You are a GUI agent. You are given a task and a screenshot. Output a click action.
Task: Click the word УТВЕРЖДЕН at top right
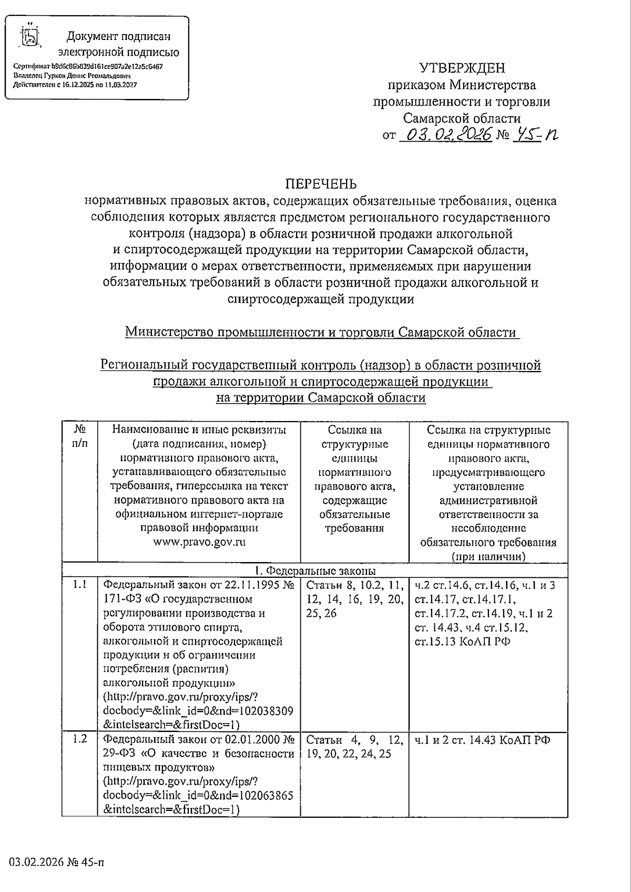[462, 68]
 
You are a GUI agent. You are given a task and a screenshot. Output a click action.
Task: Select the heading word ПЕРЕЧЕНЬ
[321, 184]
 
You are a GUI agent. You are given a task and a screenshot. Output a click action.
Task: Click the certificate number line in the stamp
[88, 67]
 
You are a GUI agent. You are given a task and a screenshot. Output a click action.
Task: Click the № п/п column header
[80, 436]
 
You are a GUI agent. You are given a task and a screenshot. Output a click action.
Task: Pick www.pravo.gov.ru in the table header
[199, 542]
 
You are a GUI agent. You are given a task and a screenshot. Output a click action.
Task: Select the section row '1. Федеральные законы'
[315, 570]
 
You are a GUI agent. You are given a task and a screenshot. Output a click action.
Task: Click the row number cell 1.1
[80, 585]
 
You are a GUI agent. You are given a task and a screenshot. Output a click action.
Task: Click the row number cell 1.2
[80, 739]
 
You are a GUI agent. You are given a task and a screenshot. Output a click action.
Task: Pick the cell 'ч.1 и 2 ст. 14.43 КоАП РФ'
[482, 739]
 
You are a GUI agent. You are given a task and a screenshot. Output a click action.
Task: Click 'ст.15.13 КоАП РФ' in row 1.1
[462, 642]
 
